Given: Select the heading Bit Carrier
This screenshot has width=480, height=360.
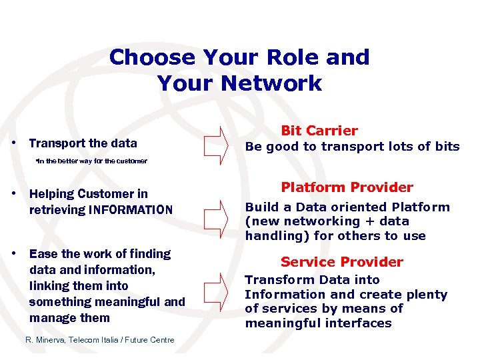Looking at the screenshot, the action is (319, 131).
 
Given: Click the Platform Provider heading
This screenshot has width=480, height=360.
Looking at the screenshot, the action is (347, 187).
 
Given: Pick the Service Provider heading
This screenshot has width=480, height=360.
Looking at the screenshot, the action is (342, 262).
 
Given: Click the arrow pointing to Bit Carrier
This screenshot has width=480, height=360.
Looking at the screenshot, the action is (215, 145).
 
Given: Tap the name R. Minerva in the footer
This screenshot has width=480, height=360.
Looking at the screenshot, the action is (45, 340).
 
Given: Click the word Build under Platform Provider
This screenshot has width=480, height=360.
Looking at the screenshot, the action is (260, 207).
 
